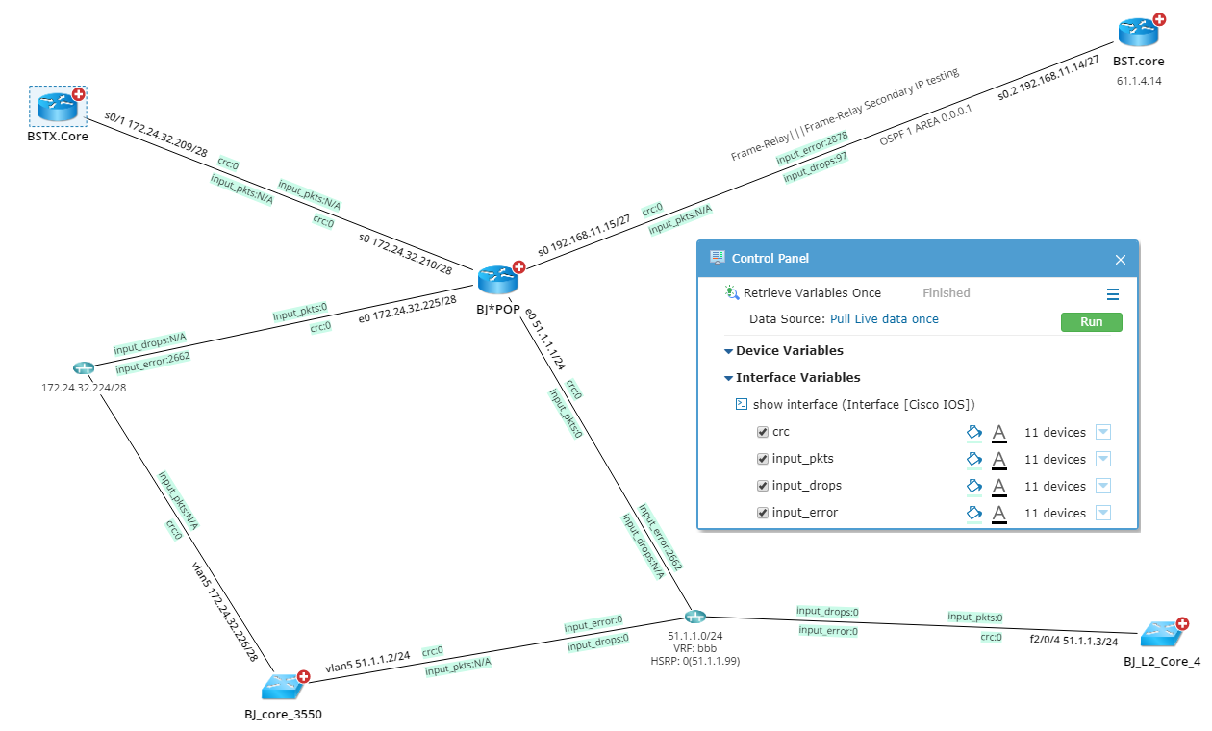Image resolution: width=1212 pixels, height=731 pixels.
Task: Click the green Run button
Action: pyautogui.click(x=1091, y=322)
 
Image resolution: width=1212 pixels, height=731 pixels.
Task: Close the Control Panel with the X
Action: pyautogui.click(x=1120, y=260)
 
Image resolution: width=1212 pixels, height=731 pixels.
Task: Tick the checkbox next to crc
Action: pyautogui.click(x=763, y=433)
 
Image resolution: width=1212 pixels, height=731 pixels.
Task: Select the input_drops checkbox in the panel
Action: pyautogui.click(x=763, y=487)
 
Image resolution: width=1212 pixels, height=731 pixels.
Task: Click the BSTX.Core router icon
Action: pyautogui.click(x=57, y=106)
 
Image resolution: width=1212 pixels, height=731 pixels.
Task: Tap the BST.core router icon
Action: pyautogui.click(x=1138, y=32)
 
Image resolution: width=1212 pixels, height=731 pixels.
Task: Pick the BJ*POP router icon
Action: pyautogui.click(x=498, y=280)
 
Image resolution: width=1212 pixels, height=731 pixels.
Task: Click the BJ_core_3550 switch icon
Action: pyautogui.click(x=283, y=685)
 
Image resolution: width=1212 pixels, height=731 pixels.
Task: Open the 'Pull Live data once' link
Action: pyautogui.click(x=884, y=319)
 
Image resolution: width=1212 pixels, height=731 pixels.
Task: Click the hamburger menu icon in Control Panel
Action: pyautogui.click(x=1113, y=294)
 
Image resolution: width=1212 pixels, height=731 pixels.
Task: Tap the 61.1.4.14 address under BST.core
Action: pyautogui.click(x=1139, y=81)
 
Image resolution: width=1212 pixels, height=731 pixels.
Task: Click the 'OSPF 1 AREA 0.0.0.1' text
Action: pyautogui.click(x=925, y=125)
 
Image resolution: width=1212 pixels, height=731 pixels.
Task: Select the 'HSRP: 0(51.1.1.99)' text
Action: pyautogui.click(x=695, y=661)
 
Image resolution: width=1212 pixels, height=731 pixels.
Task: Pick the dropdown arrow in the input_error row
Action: pyautogui.click(x=1102, y=514)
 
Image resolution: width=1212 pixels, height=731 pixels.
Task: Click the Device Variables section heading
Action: pyautogui.click(x=789, y=351)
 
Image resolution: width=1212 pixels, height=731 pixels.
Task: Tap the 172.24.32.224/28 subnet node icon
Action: pyautogui.click(x=83, y=368)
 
